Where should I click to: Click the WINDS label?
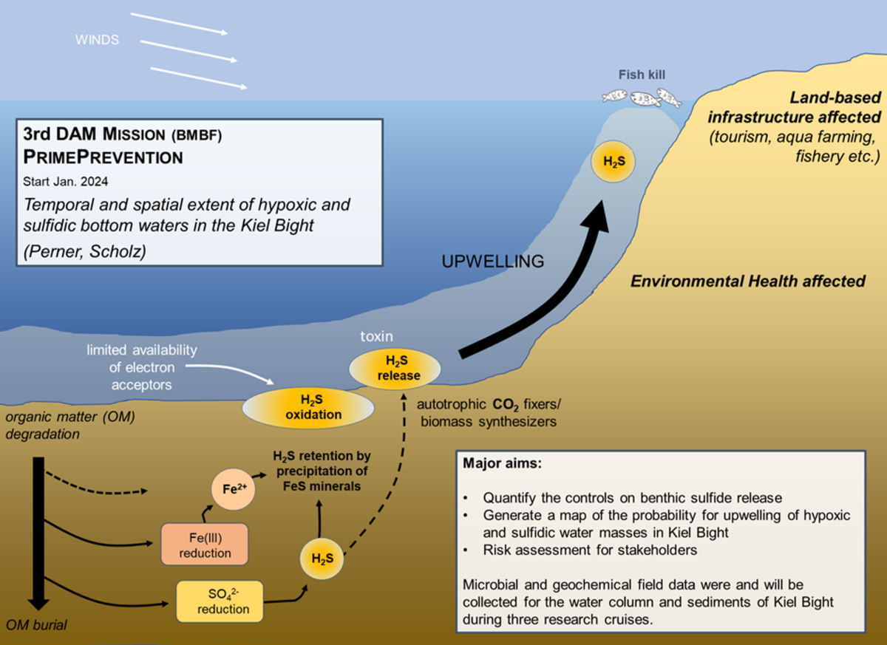[96, 39]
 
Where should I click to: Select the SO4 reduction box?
[219, 600]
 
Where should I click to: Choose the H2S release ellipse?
[398, 368]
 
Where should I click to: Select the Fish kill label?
[640, 75]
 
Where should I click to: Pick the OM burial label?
[35, 625]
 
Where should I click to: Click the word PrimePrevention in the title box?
[103, 157]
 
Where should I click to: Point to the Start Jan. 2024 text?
[67, 180]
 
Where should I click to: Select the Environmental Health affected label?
[747, 281]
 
